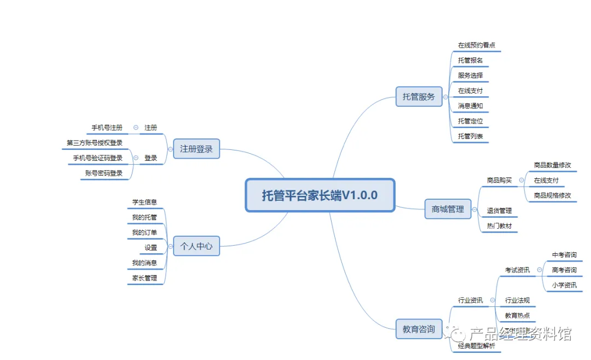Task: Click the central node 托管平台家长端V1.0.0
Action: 320,195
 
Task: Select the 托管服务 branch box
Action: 419,97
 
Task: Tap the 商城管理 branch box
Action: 448,209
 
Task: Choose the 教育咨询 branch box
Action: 419,329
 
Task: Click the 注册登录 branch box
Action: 196,149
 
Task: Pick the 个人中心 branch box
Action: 196,247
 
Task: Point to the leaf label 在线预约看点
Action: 476,45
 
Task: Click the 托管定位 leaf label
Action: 470,121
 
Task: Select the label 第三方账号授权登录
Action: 95,143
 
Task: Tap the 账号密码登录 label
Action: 104,173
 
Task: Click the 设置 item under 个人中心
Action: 150,248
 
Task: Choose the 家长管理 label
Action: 144,278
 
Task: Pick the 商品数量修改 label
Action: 552,165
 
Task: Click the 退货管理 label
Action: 499,211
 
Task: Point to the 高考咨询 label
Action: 564,270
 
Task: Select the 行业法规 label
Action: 517,300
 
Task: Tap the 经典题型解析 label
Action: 476,346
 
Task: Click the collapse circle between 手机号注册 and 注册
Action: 136,127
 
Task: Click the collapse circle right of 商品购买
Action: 522,180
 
